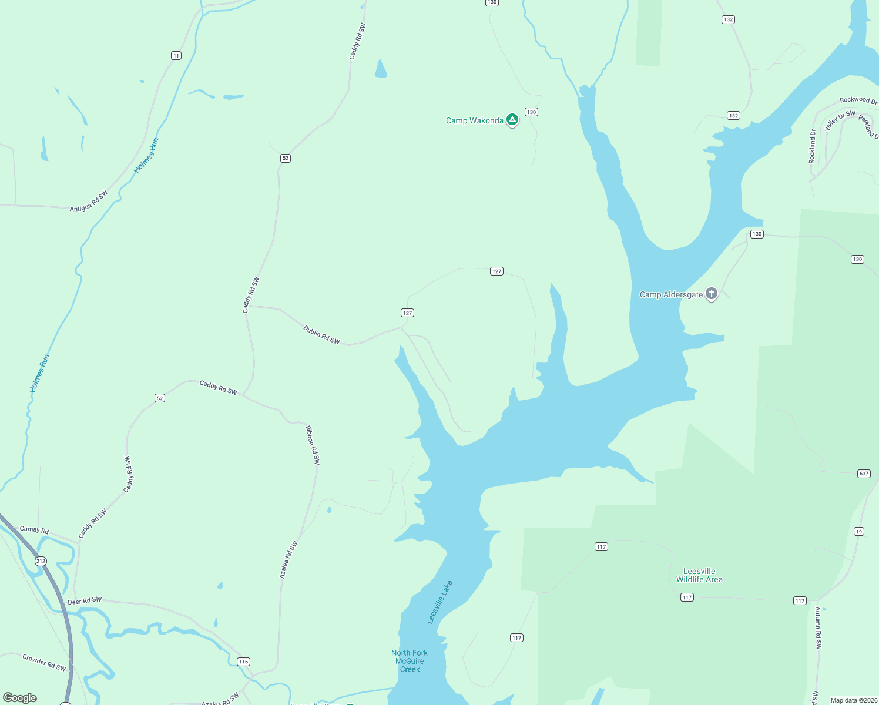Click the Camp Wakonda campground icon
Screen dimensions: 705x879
coord(512,120)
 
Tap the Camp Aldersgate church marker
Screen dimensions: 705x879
coord(711,294)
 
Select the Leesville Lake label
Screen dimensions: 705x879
coord(439,602)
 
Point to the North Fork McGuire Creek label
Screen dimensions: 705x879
coord(410,661)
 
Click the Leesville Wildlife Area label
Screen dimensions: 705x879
coord(699,575)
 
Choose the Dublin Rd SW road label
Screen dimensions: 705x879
coord(321,335)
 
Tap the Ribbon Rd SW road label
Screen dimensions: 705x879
coord(313,445)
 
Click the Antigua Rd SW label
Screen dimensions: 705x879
coord(89,201)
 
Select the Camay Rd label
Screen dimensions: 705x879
coord(34,529)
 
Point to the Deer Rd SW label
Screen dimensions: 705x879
coord(85,601)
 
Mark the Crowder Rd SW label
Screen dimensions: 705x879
coord(44,662)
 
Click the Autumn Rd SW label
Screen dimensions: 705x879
coord(818,628)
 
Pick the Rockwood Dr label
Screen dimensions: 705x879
coord(858,100)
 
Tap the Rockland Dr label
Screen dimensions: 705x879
coord(812,146)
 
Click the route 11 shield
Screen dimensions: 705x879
coord(176,56)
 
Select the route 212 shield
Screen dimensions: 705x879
coord(41,561)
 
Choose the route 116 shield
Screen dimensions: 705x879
coord(244,662)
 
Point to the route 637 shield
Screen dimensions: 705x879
coord(864,474)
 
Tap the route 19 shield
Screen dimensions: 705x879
coord(859,531)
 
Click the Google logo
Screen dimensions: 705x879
coord(20,698)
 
